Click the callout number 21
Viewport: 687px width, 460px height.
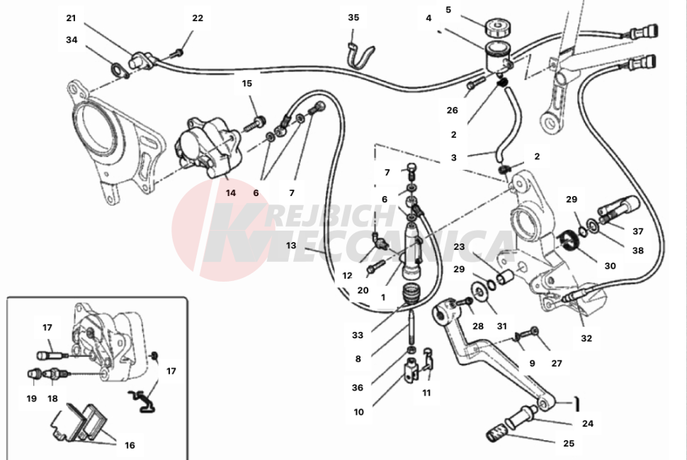pyautogui.click(x=70, y=18)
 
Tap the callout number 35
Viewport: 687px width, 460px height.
pyautogui.click(x=353, y=18)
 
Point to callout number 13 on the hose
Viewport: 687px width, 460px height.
pyautogui.click(x=291, y=246)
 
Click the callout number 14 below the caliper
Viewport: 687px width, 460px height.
pyautogui.click(x=231, y=192)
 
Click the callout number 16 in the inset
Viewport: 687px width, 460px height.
pyautogui.click(x=130, y=446)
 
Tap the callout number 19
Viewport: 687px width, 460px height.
pyautogui.click(x=31, y=398)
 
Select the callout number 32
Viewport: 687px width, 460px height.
pyautogui.click(x=586, y=338)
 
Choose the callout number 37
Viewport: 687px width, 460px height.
pyautogui.click(x=638, y=231)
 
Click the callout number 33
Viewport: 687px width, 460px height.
pyautogui.click(x=358, y=335)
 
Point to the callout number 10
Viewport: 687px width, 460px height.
pyautogui.click(x=358, y=412)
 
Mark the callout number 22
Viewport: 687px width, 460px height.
pyautogui.click(x=198, y=18)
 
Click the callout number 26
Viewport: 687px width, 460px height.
pyautogui.click(x=453, y=110)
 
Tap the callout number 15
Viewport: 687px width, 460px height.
pyautogui.click(x=246, y=84)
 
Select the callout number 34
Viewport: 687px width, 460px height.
pyautogui.click(x=72, y=40)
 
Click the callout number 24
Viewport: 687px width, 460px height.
pyautogui.click(x=588, y=424)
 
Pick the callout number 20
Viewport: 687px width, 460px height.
pyautogui.click(x=363, y=290)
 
